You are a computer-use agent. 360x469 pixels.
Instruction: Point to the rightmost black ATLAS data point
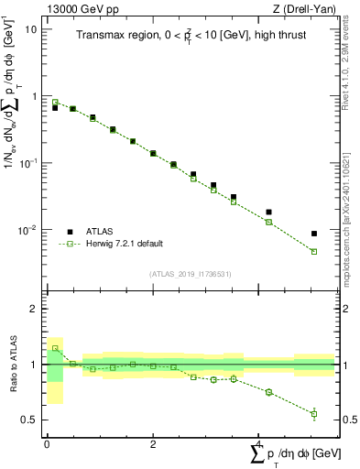314,234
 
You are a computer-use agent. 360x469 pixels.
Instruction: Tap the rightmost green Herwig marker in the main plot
314,251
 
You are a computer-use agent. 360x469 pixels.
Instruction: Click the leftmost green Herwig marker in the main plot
55,103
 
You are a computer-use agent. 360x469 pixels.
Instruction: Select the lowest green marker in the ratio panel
314,414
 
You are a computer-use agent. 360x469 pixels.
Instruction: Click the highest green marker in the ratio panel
55,348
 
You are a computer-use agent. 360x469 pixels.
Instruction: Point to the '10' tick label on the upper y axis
30,29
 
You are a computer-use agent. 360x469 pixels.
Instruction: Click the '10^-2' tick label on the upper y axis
27,230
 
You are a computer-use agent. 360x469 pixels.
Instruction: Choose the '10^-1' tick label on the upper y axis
27,163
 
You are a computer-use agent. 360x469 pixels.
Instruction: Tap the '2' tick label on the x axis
152,443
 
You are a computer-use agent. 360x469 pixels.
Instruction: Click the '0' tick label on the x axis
46,443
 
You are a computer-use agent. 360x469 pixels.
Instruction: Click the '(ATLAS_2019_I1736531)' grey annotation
190,273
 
